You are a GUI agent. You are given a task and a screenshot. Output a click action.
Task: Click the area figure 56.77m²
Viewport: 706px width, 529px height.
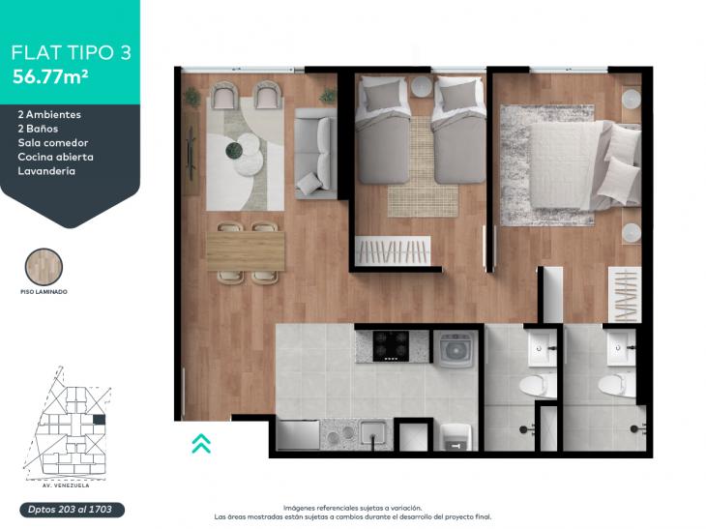pos(50,76)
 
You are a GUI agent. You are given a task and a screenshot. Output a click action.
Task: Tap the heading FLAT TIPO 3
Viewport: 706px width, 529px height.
pos(71,52)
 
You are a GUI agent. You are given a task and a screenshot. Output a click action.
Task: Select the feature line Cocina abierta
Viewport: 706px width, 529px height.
pos(56,157)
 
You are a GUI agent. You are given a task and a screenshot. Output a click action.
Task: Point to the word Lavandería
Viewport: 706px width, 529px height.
pos(46,171)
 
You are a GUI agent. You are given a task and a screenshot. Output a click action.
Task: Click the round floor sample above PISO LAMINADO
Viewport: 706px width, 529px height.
pos(44,267)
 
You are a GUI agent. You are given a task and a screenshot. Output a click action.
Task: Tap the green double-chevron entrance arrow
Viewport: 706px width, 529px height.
pos(201,443)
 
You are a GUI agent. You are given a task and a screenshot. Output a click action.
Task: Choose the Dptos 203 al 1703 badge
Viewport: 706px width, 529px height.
pos(72,510)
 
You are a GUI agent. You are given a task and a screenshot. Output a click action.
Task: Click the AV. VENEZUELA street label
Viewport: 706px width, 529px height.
pos(62,485)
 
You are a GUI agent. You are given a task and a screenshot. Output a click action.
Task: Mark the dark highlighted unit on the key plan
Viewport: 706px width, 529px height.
pos(99,420)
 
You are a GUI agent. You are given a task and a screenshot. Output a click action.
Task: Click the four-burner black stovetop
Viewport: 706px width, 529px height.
pos(391,346)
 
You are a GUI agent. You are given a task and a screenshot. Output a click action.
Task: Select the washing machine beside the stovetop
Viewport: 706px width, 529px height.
pos(455,349)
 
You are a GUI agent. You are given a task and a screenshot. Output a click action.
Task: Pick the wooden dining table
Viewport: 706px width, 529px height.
pos(246,251)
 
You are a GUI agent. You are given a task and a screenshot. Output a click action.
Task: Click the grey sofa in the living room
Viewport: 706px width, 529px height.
pos(314,154)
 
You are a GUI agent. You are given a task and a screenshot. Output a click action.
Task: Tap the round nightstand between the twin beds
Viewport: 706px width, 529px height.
pos(422,86)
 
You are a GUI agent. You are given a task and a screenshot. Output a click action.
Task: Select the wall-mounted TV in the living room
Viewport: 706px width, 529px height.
pos(191,154)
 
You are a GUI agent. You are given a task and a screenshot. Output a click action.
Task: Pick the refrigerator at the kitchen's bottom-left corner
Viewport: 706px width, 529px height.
pos(298,435)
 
